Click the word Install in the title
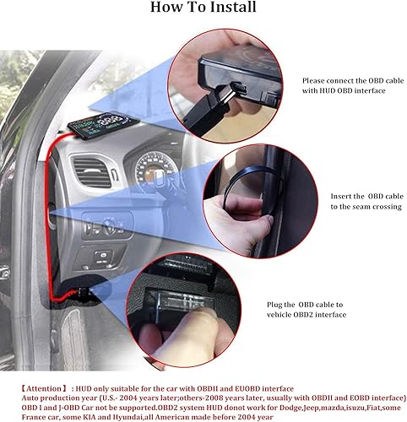tap(234, 9)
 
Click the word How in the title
tap(166, 9)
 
